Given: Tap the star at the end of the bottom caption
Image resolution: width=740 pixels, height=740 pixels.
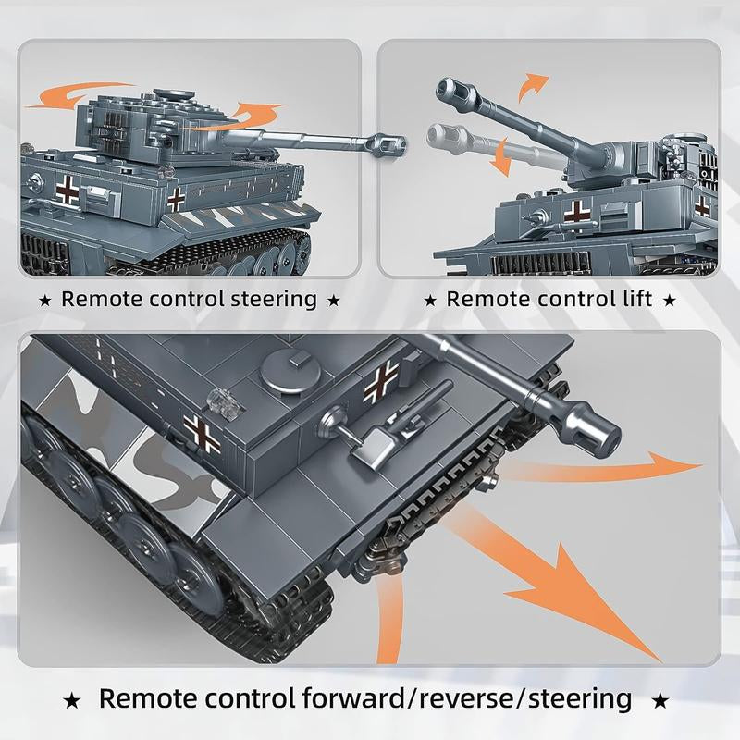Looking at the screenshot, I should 660,700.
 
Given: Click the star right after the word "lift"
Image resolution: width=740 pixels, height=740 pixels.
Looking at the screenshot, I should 670,301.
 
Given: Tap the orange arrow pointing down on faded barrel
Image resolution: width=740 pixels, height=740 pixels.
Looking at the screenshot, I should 500,157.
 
